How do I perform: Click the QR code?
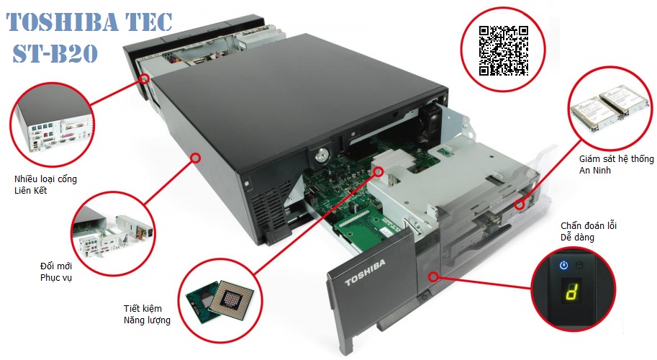[504, 50]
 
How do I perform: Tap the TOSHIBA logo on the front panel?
[365, 273]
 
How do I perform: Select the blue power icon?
[564, 265]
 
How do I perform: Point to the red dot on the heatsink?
[379, 171]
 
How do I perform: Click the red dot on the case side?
[195, 158]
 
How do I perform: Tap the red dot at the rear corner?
[144, 78]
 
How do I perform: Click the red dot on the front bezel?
[434, 276]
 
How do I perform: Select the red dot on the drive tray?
[520, 205]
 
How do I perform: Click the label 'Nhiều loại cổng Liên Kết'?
[45, 184]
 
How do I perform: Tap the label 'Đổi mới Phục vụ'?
[56, 271]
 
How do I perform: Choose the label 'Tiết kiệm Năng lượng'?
[147, 315]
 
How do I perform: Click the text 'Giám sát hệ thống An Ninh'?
[617, 164]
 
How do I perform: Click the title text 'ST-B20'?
[55, 54]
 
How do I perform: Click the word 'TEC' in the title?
[148, 22]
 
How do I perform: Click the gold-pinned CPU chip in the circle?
[231, 297]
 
